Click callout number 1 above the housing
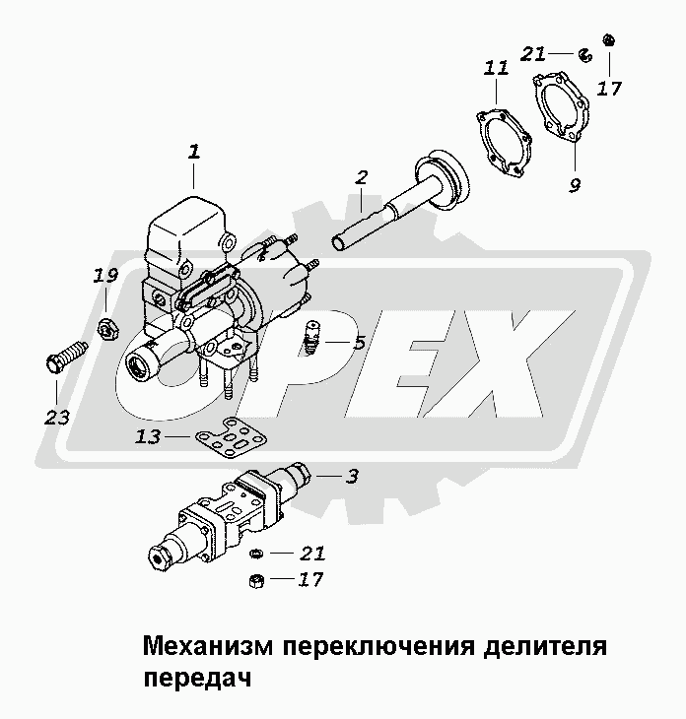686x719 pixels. pyautogui.click(x=194, y=152)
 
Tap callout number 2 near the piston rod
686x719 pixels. pyautogui.click(x=362, y=177)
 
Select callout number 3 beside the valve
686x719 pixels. pyautogui.click(x=352, y=477)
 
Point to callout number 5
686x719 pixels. pyautogui.click(x=360, y=342)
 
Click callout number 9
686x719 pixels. pyautogui.click(x=575, y=185)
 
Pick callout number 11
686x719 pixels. pyautogui.click(x=496, y=68)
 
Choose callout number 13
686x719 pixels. pyautogui.click(x=148, y=436)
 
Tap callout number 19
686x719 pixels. pyautogui.click(x=105, y=275)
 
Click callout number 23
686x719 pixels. pyautogui.click(x=57, y=418)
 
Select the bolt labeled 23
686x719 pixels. pyautogui.click(x=66, y=358)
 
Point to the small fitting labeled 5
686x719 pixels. pyautogui.click(x=313, y=337)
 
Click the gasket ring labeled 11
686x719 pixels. pyautogui.click(x=503, y=143)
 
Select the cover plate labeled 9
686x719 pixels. pyautogui.click(x=561, y=106)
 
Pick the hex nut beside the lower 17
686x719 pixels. pyautogui.click(x=256, y=581)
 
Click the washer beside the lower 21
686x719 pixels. pyautogui.click(x=256, y=554)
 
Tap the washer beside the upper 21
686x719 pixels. pyautogui.click(x=585, y=55)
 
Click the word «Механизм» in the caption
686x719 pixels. pyautogui.click(x=208, y=646)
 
